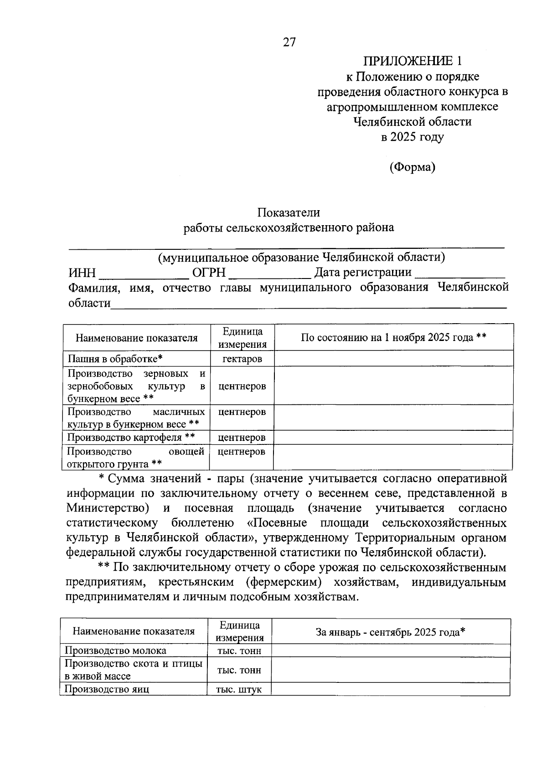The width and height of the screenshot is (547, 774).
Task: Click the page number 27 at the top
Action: [x=289, y=42]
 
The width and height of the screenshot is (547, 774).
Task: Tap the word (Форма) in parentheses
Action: [x=412, y=167]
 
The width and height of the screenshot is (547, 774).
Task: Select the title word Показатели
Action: [x=288, y=212]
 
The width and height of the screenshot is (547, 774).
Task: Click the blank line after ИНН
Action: [x=144, y=273]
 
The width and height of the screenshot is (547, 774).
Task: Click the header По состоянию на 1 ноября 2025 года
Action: [x=393, y=337]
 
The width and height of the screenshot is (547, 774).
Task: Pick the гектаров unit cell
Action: [x=242, y=359]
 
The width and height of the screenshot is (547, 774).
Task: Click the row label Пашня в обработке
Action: [x=115, y=359]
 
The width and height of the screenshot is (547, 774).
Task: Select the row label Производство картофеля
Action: [x=131, y=438]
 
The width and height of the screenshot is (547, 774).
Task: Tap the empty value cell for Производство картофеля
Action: [x=393, y=438]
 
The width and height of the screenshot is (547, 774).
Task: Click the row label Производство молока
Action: [x=115, y=650]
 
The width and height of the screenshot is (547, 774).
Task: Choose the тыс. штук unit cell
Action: [x=239, y=689]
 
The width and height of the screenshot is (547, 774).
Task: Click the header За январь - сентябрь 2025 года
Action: [x=390, y=632]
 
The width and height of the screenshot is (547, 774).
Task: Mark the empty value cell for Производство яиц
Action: [x=390, y=689]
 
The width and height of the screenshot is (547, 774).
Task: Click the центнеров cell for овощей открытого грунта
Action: [x=241, y=452]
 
